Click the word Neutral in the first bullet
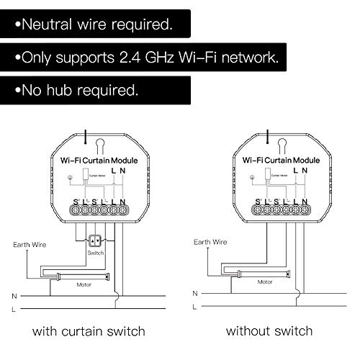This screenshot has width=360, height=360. tap(48, 24)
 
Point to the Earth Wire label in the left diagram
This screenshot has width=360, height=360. tap(31, 244)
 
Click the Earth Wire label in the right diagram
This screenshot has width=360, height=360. tap(210, 242)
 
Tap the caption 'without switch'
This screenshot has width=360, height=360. tap(269, 331)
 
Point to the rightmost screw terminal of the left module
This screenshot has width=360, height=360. tap(123, 210)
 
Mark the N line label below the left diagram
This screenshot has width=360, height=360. tap(14, 295)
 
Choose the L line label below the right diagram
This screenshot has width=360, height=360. tap(195, 310)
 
